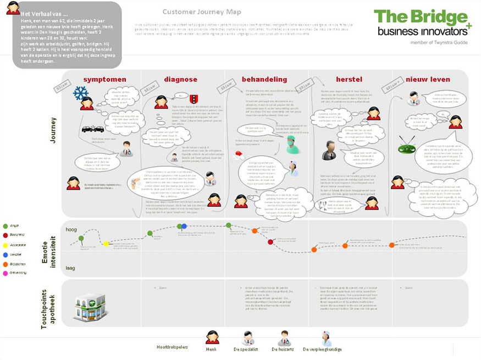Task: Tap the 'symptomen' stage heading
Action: pyautogui.click(x=104, y=79)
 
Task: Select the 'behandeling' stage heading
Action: pyautogui.click(x=264, y=79)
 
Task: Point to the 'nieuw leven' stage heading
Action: pyautogui.click(x=428, y=79)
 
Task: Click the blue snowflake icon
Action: pyautogui.click(x=81, y=93)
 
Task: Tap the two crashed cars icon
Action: pyautogui.click(x=92, y=129)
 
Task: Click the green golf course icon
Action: pyautogui.click(x=407, y=147)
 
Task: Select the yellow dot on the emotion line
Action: pyautogui.click(x=106, y=243)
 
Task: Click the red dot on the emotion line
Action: pyautogui.click(x=270, y=242)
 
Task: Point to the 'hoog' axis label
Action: pyautogui.click(x=71, y=229)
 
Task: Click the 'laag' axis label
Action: pyautogui.click(x=71, y=268)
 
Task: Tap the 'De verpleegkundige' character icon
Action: pyautogui.click(x=327, y=338)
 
